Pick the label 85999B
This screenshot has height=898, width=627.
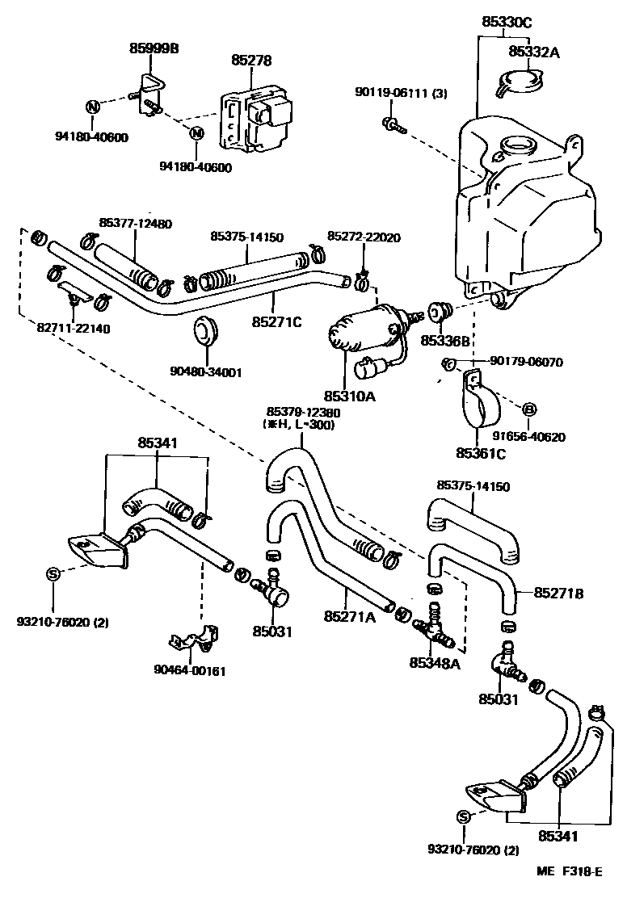[x=154, y=48]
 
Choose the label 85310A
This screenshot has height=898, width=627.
[x=350, y=396]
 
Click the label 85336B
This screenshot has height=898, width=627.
[x=445, y=341]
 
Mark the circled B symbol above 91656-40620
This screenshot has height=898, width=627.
[x=530, y=409]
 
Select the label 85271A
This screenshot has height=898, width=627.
[x=350, y=616]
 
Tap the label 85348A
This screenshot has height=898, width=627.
[x=434, y=662]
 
